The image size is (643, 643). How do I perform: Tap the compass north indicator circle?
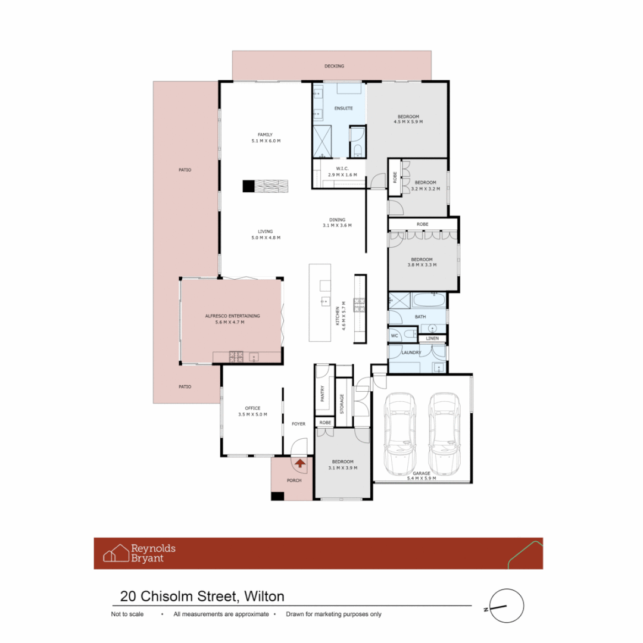(x=507, y=606)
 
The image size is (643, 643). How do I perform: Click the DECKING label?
(x=334, y=66)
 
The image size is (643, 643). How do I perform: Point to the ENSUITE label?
(x=343, y=108)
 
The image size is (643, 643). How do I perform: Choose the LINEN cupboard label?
(x=432, y=339)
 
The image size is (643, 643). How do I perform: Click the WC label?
(x=394, y=336)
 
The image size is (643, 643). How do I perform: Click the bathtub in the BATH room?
(x=429, y=300)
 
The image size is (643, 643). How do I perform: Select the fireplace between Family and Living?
(x=265, y=186)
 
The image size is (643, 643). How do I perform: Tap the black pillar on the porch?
(x=277, y=496)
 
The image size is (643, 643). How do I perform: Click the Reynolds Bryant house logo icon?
(x=116, y=553)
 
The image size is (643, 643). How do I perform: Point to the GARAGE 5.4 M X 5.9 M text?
(x=422, y=476)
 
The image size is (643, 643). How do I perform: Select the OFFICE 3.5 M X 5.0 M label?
(x=252, y=411)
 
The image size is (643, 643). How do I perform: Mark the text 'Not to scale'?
(x=128, y=614)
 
